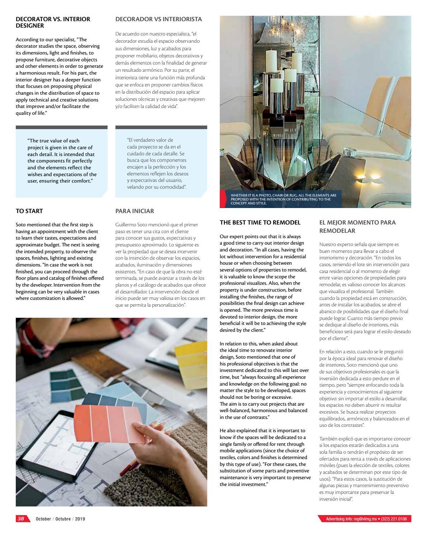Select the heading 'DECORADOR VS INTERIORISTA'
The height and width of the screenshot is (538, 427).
(158, 19)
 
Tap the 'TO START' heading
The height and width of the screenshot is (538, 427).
(29, 211)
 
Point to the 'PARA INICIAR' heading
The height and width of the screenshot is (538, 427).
(134, 211)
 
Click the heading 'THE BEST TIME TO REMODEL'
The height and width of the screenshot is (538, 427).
(260, 222)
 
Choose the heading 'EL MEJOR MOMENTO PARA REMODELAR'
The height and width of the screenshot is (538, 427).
(357, 226)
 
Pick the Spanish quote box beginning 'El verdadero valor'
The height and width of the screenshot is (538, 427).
(161, 164)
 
